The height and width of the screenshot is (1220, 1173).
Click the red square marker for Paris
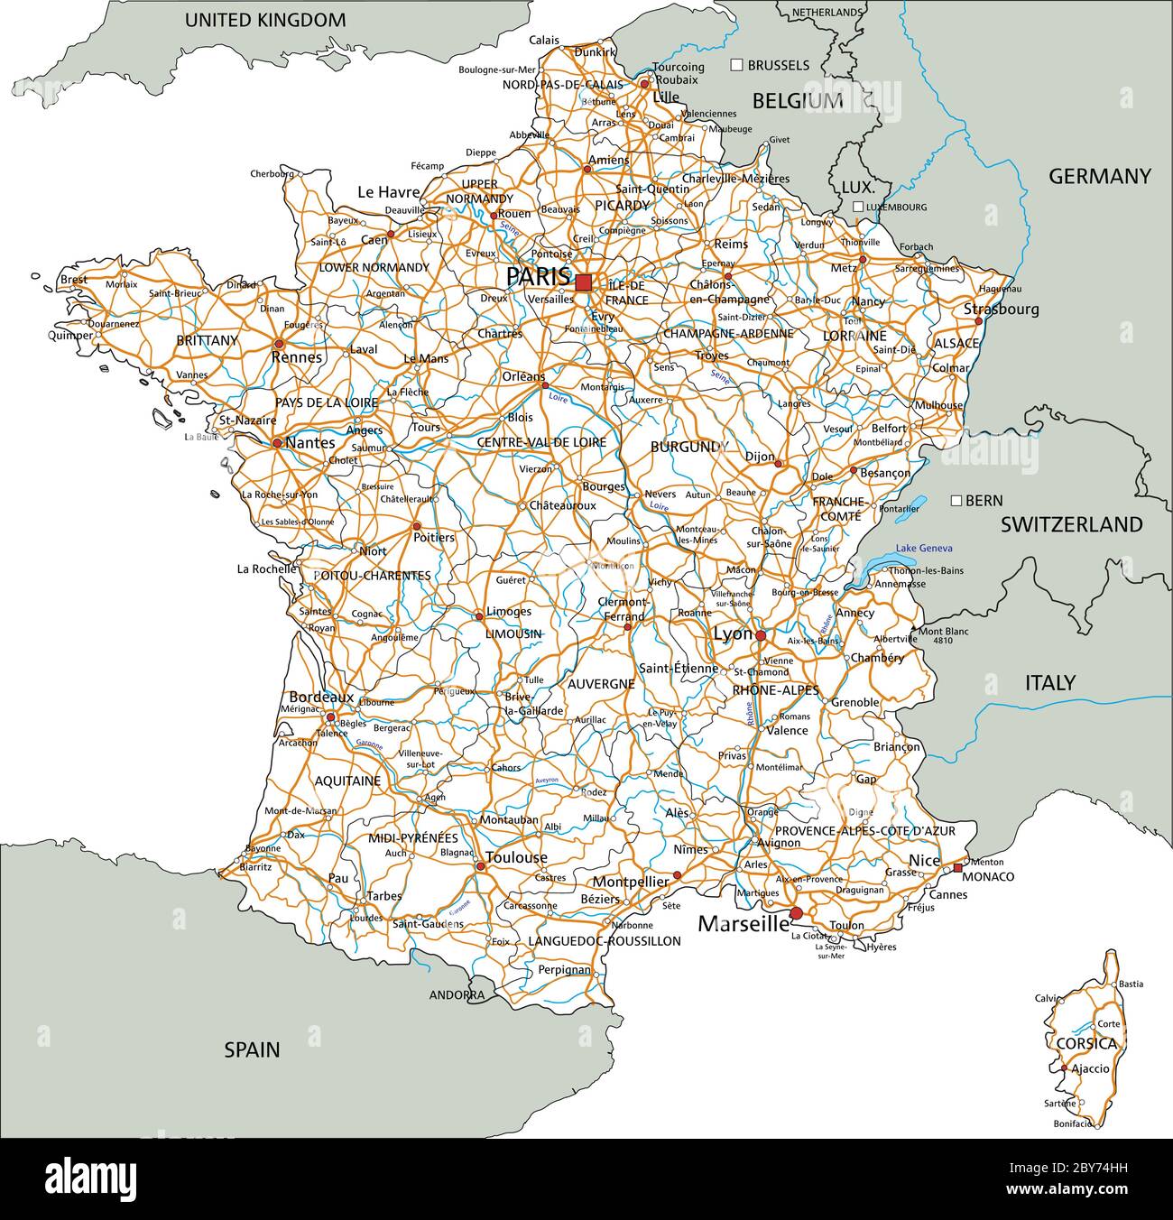[584, 282]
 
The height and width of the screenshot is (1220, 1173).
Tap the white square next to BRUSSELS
[736, 65]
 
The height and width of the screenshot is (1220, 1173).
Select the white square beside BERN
[956, 500]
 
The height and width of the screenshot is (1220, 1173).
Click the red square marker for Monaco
[957, 868]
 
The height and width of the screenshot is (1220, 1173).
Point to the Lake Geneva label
[924, 549]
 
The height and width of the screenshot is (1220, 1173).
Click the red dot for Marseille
[795, 914]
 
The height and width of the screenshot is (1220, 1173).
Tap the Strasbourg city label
[1001, 309]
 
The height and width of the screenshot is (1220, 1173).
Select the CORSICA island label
[1085, 1044]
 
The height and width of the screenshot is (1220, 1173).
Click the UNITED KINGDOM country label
[265, 20]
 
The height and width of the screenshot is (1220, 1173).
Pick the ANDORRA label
[456, 995]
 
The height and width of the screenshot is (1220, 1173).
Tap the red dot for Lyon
[761, 636]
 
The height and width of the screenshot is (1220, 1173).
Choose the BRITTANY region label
[208, 340]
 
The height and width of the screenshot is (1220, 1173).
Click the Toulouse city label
[516, 857]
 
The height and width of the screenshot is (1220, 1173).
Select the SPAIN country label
[252, 1049]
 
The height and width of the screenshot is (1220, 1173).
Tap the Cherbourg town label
[272, 173]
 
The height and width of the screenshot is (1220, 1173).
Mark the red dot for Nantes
[277, 443]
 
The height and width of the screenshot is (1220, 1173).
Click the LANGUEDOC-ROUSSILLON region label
[604, 941]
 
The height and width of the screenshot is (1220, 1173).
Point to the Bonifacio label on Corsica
[1072, 1124]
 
